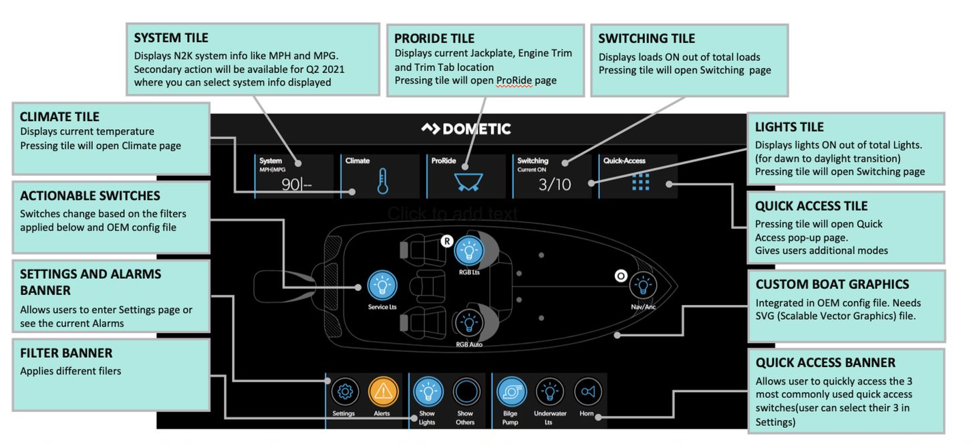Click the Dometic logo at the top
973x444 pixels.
[466, 128]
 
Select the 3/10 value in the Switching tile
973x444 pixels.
[555, 184]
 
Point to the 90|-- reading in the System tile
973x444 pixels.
[296, 185]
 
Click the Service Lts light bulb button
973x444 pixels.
[382, 286]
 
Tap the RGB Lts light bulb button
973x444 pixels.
[468, 251]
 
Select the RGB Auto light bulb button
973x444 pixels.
[468, 323]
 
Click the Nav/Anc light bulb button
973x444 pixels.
[643, 286]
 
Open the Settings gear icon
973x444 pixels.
[345, 392]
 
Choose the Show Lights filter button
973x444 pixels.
[427, 392]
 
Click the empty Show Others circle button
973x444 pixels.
[466, 392]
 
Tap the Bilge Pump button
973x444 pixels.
[510, 392]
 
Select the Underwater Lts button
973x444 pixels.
[549, 392]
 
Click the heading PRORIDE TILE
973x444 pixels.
[434, 38]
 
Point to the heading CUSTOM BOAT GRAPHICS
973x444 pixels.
[832, 284]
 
